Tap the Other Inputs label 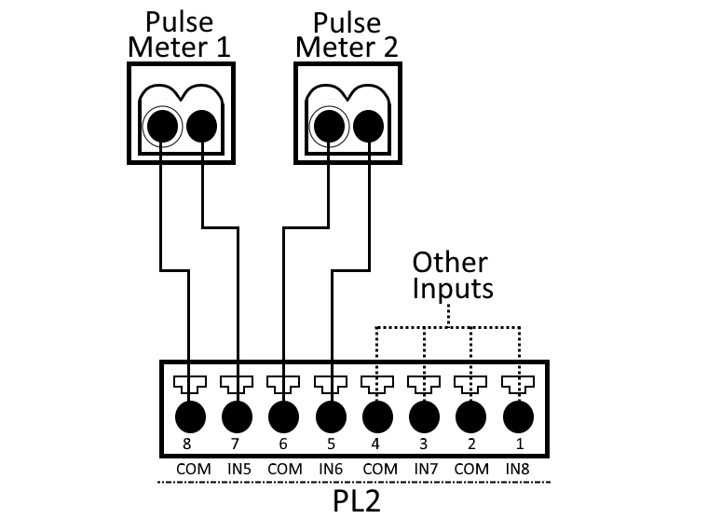click(452, 275)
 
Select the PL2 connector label click(357, 500)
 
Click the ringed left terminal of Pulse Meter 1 click(162, 124)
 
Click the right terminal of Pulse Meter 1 click(202, 124)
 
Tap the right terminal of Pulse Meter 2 click(370, 124)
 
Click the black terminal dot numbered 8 click(190, 413)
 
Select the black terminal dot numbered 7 click(237, 413)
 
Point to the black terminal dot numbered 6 click(283, 413)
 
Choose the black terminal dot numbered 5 click(330, 413)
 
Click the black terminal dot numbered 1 click(518, 413)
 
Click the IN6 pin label click(330, 469)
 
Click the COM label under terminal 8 click(190, 469)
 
